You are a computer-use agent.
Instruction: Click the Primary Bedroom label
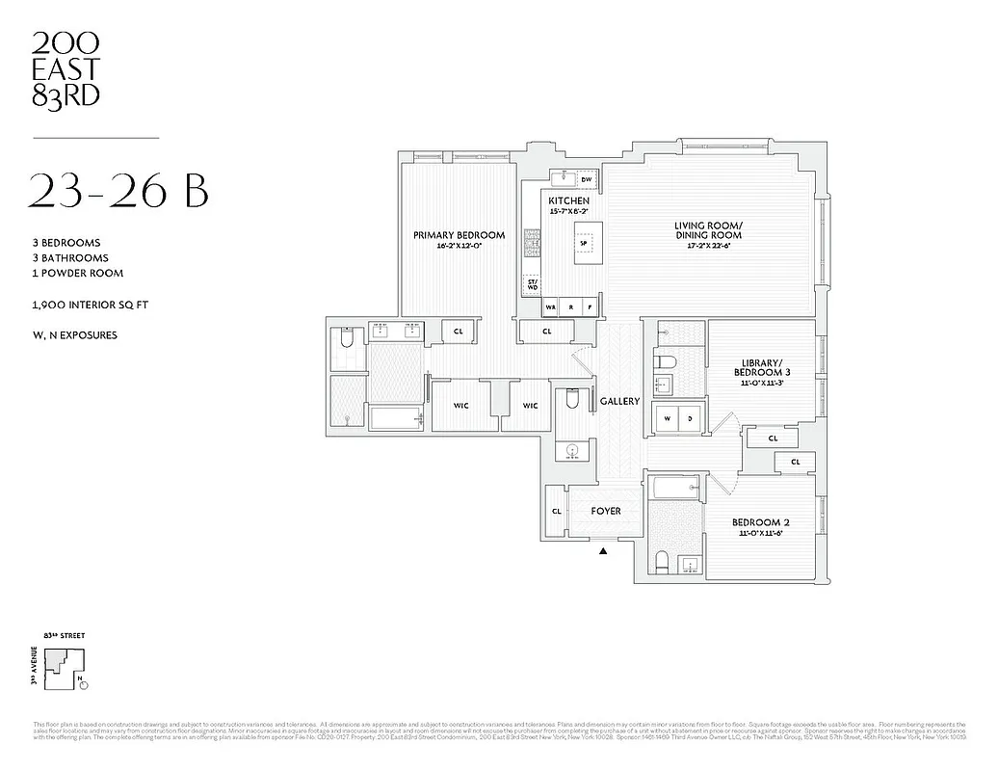coord(459,235)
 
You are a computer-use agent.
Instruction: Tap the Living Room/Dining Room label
coord(707,230)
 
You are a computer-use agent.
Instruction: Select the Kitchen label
coord(568,200)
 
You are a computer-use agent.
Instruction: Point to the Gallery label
coord(619,401)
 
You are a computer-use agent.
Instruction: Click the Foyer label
coord(606,511)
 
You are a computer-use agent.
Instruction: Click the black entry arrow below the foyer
coord(603,552)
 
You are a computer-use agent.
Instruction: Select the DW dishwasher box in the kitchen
coord(586,179)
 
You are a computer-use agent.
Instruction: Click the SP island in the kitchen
coord(583,242)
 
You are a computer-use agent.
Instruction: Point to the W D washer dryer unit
coord(678,417)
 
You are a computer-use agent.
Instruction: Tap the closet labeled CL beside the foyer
coord(557,512)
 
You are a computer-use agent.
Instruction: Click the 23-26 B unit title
coord(119,191)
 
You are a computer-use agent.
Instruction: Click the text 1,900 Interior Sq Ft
coord(90,305)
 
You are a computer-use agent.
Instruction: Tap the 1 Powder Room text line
coord(78,273)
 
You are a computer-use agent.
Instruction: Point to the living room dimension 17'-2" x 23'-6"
coord(707,246)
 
